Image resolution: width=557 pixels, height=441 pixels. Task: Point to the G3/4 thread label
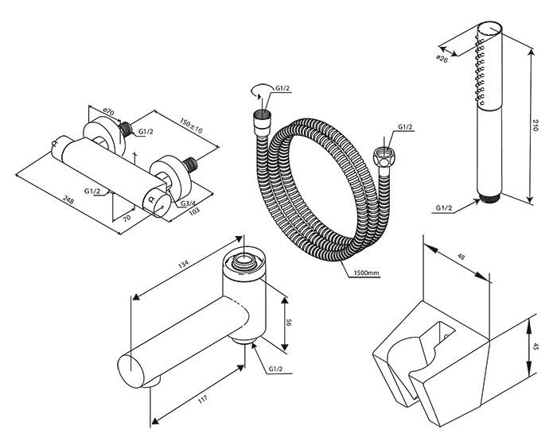coord(189,205)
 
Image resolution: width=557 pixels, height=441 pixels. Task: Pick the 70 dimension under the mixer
coord(126,215)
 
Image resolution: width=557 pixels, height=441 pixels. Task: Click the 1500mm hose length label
coord(365,273)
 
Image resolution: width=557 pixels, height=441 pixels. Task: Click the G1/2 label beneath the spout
coord(278,369)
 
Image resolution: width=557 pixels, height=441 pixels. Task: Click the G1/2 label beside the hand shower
coord(445,208)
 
